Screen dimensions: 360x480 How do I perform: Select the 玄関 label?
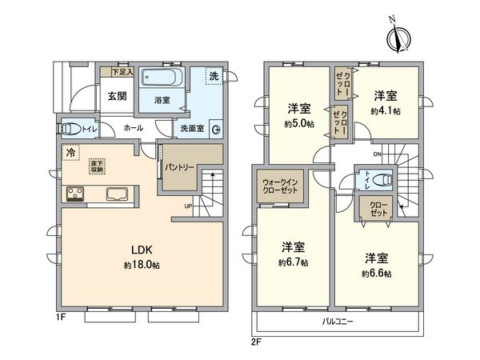(117, 97)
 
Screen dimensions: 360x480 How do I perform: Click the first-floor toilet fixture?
(70, 127)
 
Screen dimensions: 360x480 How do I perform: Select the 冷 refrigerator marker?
(71, 152)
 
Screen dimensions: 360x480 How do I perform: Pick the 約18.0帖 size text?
(138, 265)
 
